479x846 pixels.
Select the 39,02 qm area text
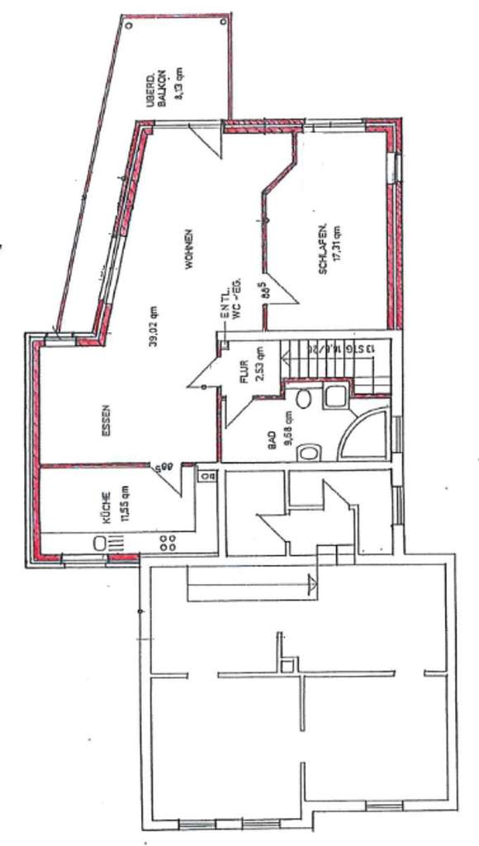[x=154, y=328]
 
